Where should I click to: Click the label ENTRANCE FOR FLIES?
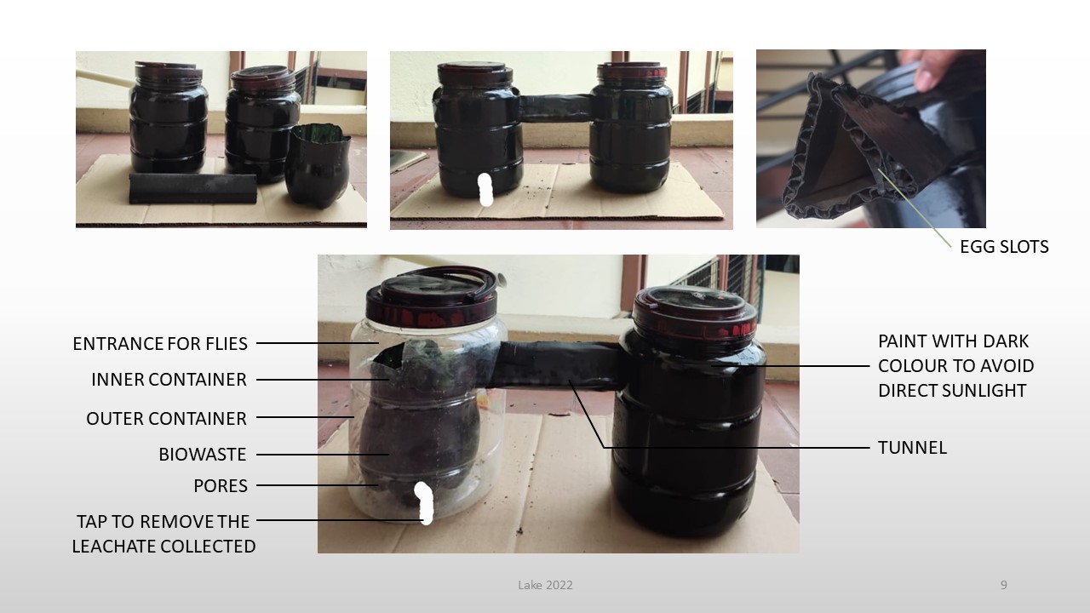pyautogui.click(x=160, y=343)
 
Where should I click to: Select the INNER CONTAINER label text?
pyautogui.click(x=169, y=380)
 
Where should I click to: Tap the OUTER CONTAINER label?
pyautogui.click(x=166, y=418)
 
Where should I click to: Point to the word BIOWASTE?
pyautogui.click(x=203, y=455)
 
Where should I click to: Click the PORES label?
pyautogui.click(x=221, y=485)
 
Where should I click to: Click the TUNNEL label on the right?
pyautogui.click(x=912, y=448)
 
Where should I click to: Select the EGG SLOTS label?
pyautogui.click(x=1004, y=247)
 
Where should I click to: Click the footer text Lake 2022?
pyautogui.click(x=545, y=585)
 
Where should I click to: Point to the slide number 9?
pyautogui.click(x=1003, y=585)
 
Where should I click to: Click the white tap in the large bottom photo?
pyautogui.click(x=424, y=503)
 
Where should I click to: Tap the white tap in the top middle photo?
pyautogui.click(x=485, y=189)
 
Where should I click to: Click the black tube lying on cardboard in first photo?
pyautogui.click(x=192, y=188)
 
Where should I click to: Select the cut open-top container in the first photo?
pyautogui.click(x=318, y=165)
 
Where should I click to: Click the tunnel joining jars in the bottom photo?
pyautogui.click(x=559, y=365)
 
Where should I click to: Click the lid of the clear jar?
pyautogui.click(x=432, y=297)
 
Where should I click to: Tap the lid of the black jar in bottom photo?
pyautogui.click(x=696, y=312)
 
